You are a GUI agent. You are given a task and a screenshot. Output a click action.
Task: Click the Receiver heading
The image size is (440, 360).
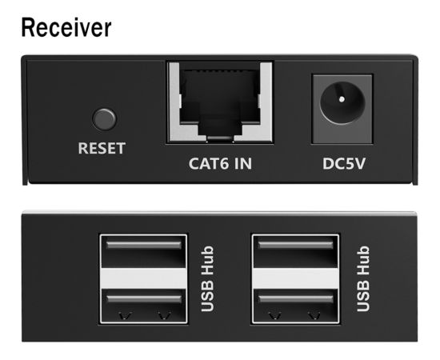[x=66, y=27]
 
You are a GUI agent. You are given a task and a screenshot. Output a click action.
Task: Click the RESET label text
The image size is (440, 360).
[x=102, y=148]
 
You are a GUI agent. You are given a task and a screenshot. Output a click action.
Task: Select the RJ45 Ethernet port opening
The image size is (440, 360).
[x=219, y=102]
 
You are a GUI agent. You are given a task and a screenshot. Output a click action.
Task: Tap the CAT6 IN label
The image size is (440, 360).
[x=220, y=163]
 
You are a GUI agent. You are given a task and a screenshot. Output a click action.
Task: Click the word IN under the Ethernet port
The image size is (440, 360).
[x=243, y=163]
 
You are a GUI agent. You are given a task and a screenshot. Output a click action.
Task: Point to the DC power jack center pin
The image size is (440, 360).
[x=342, y=99]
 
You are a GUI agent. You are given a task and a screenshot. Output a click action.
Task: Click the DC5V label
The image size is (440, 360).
[x=344, y=163]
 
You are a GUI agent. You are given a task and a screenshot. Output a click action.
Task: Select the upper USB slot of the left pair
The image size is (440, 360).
[x=144, y=251]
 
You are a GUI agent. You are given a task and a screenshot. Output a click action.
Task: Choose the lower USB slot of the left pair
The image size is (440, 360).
[x=144, y=306]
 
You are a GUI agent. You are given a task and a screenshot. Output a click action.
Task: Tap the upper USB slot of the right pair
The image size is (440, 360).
[x=295, y=251]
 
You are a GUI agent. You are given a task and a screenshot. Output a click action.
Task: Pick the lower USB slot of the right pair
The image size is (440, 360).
[x=295, y=306]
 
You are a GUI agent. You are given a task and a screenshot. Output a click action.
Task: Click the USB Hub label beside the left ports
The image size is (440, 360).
[x=208, y=279]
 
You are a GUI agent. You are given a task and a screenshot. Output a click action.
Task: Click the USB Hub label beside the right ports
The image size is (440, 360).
[x=363, y=279]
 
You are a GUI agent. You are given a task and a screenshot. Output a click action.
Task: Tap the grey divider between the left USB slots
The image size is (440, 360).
[x=144, y=278]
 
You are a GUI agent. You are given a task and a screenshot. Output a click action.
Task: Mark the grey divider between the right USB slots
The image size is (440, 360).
[x=295, y=278]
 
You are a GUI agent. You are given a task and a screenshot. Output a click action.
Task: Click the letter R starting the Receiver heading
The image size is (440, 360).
[x=29, y=27]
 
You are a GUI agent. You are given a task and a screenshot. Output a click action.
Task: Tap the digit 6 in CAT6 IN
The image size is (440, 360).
[x=224, y=163]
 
